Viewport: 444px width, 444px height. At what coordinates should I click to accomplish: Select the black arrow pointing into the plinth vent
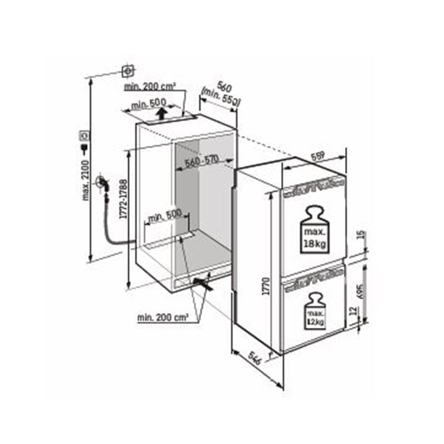[204, 283]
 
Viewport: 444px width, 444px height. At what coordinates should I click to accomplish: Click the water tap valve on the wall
[101, 182]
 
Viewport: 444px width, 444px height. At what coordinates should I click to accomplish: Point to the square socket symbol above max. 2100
[128, 71]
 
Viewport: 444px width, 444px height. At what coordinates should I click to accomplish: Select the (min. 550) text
[220, 97]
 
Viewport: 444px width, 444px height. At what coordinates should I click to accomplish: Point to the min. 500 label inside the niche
[165, 216]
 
